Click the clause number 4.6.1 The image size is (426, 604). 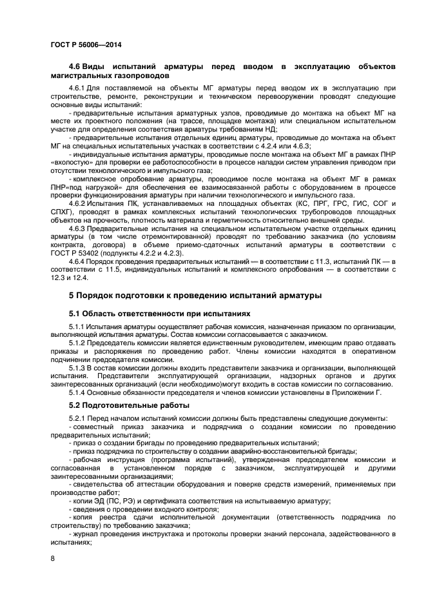point(77,87)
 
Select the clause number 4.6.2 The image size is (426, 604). point(77,203)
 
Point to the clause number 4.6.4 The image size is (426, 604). point(77,261)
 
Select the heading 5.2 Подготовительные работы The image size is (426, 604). point(129,405)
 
